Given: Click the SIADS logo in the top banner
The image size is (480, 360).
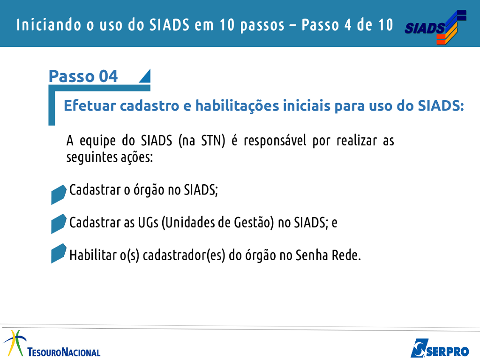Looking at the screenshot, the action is coord(435,27).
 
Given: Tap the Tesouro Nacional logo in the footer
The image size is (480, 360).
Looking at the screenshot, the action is coord(52,344).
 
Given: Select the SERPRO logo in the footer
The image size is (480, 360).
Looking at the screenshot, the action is coord(440,348).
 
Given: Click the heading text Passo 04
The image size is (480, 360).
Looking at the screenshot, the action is coord(83,76).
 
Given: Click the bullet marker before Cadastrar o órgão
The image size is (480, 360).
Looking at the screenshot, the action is coord(59,195).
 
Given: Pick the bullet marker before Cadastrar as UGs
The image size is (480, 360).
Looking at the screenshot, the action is coord(59,224).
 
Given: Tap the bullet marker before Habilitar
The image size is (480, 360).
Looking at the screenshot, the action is coord(59,253).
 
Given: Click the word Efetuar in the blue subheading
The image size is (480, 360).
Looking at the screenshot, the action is coord(90,105).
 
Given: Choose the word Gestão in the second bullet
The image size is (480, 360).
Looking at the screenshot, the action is coord(254,223).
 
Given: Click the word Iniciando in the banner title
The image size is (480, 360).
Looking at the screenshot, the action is coord(49,25).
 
